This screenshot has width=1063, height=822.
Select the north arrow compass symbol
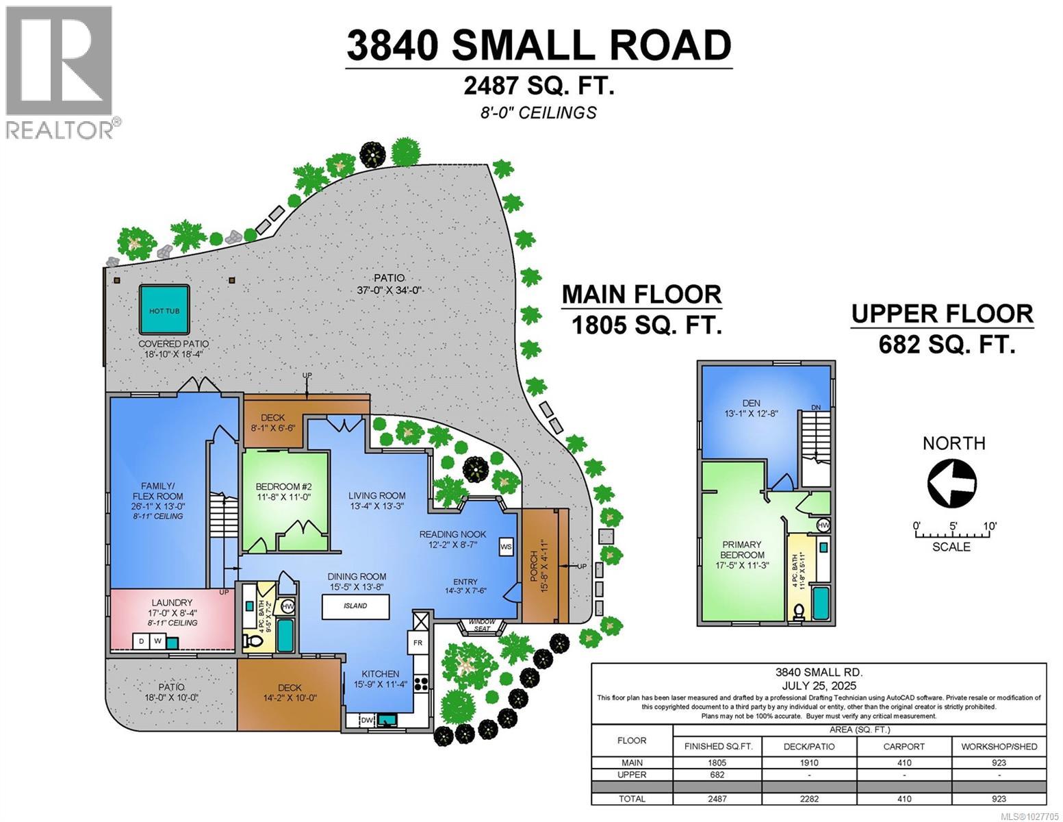951,482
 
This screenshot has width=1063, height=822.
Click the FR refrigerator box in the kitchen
418,643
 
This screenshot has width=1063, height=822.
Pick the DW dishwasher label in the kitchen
366,720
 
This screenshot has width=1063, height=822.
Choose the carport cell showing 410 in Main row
904,762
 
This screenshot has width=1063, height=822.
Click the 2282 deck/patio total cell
810,799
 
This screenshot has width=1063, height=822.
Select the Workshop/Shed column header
999,747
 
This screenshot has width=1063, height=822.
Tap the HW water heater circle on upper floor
823,525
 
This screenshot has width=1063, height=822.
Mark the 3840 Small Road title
539,45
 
